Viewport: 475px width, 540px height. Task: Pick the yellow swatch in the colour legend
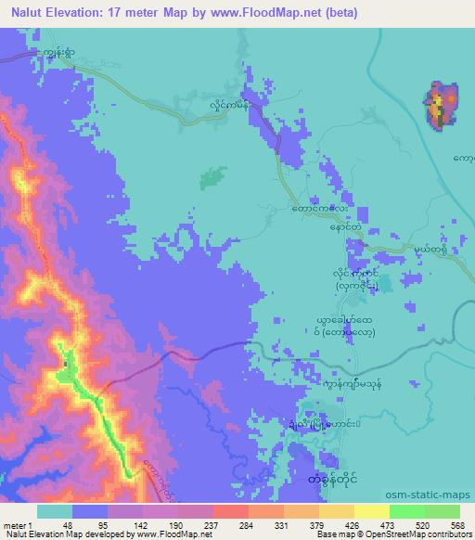(371, 510)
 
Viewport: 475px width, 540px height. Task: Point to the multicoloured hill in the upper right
(441, 104)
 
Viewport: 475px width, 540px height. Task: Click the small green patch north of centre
(213, 177)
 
